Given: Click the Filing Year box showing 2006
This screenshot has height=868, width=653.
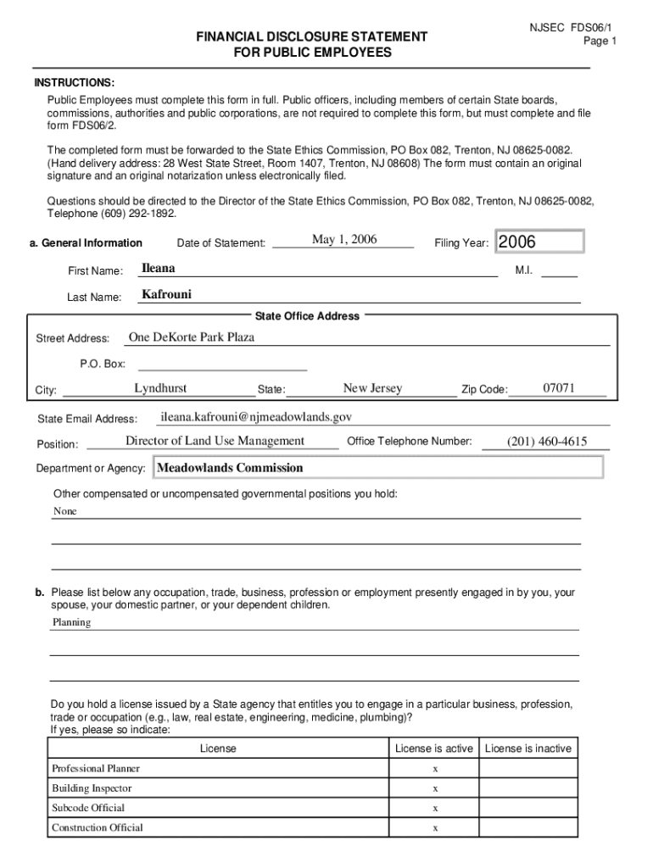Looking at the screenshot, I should click(x=539, y=242).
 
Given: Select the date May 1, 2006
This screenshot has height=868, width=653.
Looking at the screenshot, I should click(x=344, y=240).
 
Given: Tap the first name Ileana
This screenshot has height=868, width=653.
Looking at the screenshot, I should click(x=159, y=269).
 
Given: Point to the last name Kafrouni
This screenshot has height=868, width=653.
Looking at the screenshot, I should click(x=167, y=295).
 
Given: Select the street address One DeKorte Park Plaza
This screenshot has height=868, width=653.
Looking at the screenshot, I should click(x=192, y=337).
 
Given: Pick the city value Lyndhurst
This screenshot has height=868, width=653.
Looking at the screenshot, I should click(x=160, y=389).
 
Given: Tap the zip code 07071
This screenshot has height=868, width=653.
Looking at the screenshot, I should click(x=560, y=388).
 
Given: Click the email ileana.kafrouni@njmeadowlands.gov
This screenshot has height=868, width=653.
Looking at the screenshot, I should click(x=256, y=417).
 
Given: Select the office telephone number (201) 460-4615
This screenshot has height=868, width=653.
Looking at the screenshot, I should click(x=547, y=442).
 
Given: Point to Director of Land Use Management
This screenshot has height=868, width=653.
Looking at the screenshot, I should click(x=215, y=441).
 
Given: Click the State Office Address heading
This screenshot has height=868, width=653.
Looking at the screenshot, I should click(x=307, y=316).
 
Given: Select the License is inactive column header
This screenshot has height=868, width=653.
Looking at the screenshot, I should click(x=528, y=748).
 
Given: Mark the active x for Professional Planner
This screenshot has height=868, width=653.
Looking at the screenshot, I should click(x=435, y=769).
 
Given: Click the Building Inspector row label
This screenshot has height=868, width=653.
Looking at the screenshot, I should click(x=92, y=788).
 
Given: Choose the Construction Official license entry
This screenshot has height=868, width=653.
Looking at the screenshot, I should click(x=98, y=827).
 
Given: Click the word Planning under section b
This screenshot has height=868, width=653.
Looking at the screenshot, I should click(x=72, y=622).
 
